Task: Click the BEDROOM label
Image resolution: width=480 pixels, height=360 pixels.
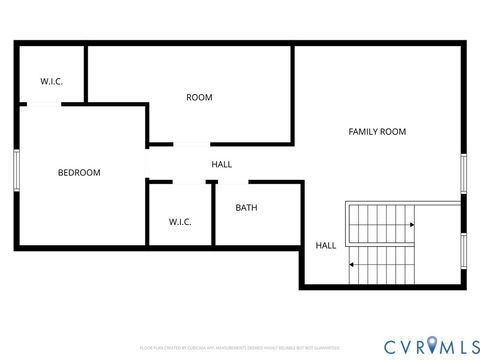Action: coord(79,173)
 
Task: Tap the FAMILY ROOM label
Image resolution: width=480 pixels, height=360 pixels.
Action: coord(377,132)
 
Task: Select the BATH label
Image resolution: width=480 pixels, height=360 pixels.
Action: coord(247,208)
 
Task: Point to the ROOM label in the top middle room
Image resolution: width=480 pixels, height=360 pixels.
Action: coord(199,97)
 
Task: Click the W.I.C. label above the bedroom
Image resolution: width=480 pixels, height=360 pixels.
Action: coord(51,82)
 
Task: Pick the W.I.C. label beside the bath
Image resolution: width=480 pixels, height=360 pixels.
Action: coord(180,221)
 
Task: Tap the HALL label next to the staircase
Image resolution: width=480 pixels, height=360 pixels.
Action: coord(326,245)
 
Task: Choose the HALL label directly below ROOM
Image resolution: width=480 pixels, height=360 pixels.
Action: coord(222,164)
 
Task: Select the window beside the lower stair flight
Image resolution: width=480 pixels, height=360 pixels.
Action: coord(464,254)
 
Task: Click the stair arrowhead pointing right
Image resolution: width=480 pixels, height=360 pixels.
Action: coord(411,225)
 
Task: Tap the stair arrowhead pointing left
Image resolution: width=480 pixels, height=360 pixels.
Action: coord(351,265)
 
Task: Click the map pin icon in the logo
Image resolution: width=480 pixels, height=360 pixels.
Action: coord(432,345)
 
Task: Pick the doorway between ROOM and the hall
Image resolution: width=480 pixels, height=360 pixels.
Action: coord(191,145)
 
